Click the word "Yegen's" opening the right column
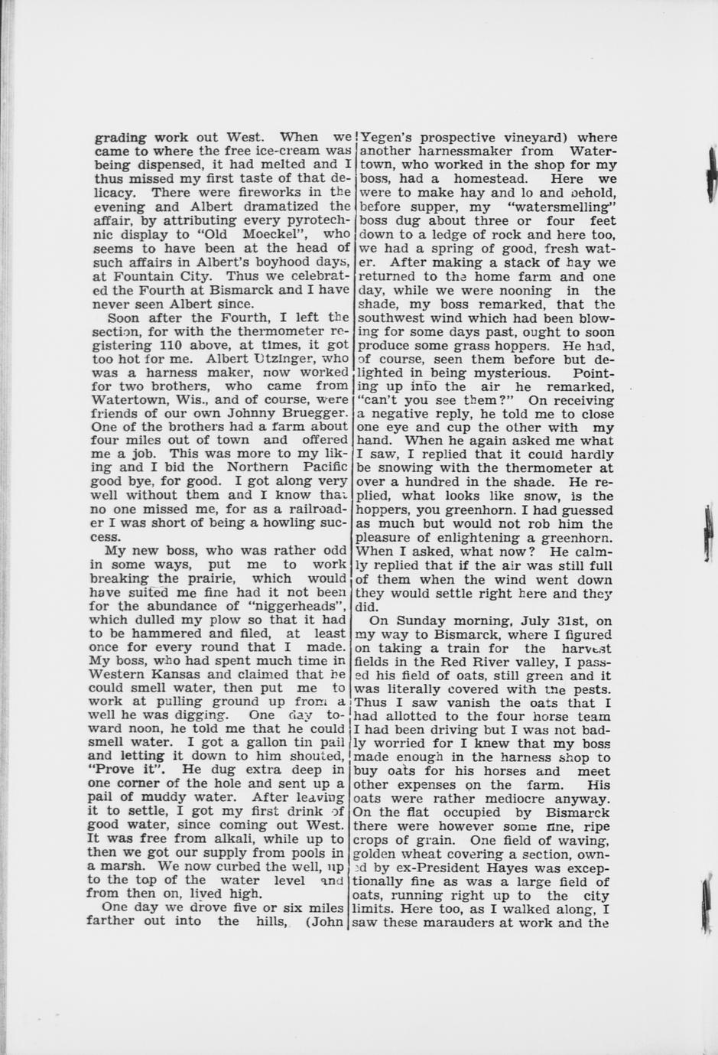(x=386, y=138)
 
